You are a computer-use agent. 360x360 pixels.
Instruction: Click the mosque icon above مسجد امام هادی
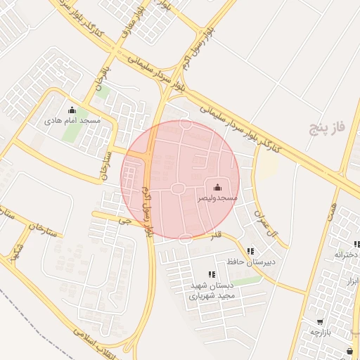(x=72, y=110)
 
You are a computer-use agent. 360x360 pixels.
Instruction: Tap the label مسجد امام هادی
(x=73, y=121)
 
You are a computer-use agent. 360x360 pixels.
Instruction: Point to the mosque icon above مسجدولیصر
(x=217, y=187)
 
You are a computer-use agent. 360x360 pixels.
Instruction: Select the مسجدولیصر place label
(x=217, y=199)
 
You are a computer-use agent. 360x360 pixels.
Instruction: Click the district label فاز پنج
(x=328, y=127)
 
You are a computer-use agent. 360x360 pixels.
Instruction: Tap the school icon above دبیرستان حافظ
(x=250, y=251)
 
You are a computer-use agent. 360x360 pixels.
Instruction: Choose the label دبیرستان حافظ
(x=250, y=262)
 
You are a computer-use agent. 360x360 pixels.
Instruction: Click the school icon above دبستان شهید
(x=211, y=275)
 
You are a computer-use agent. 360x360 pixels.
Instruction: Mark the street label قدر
(x=217, y=236)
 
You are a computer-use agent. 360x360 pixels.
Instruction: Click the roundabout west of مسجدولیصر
(x=177, y=188)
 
